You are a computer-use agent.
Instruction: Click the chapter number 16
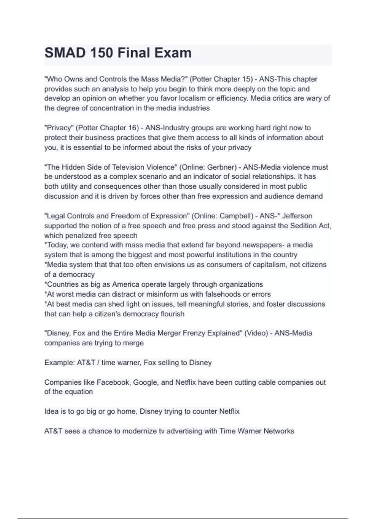click(x=132, y=128)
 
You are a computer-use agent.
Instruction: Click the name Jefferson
click(x=297, y=216)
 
